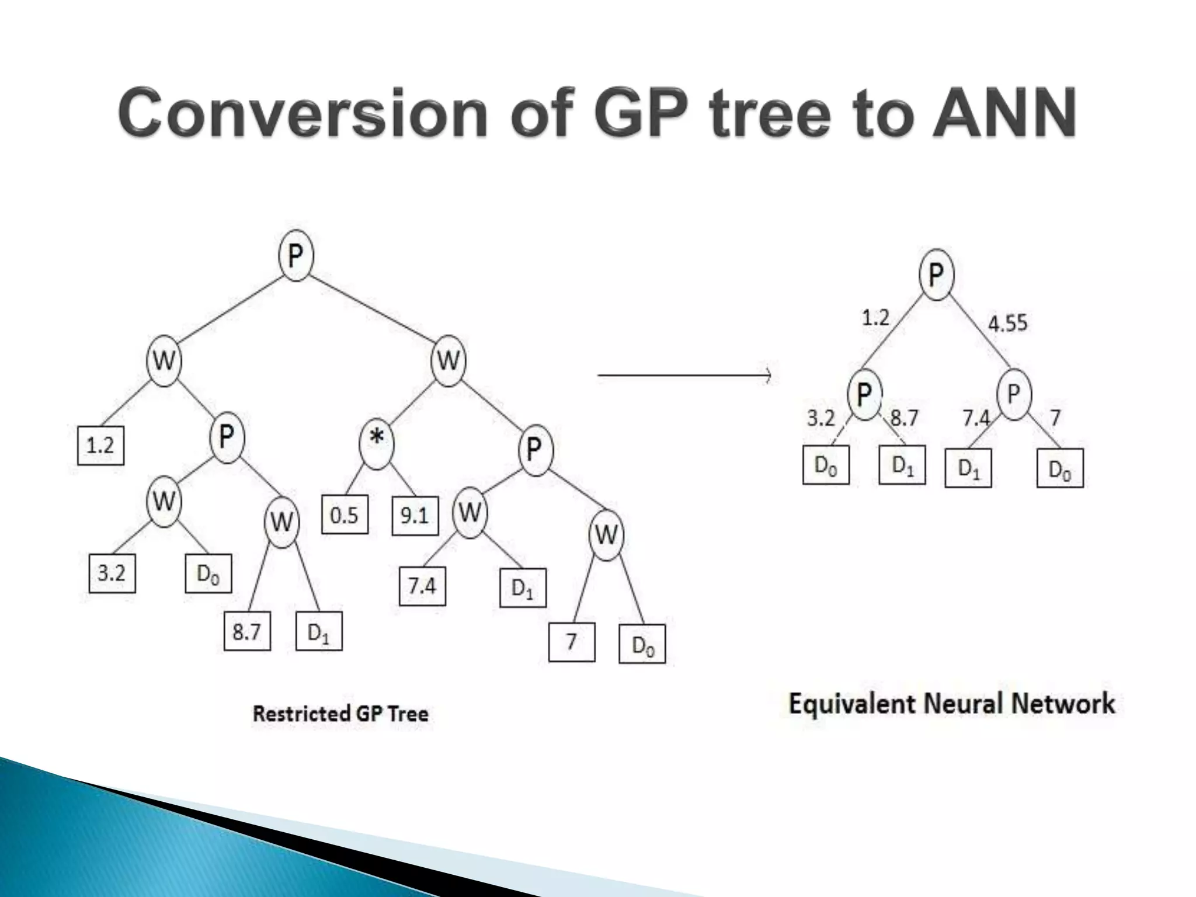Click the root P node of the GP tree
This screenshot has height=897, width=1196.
[296, 256]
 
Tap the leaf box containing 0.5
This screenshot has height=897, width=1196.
[345, 515]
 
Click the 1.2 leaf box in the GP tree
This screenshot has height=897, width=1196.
[100, 446]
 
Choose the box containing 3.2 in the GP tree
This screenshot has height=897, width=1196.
[112, 573]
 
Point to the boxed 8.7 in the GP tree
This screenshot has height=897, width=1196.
[247, 631]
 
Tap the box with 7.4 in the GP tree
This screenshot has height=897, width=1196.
[422, 586]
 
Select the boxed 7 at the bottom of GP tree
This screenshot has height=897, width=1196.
[572, 642]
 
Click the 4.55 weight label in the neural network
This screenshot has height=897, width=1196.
[1007, 323]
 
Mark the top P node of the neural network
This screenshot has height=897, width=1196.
[936, 274]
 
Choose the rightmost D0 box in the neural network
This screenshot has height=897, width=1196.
[1060, 468]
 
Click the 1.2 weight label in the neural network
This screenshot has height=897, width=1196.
[875, 318]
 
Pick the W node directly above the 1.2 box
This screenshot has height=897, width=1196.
[164, 360]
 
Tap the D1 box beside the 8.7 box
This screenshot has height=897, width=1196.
[319, 631]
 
